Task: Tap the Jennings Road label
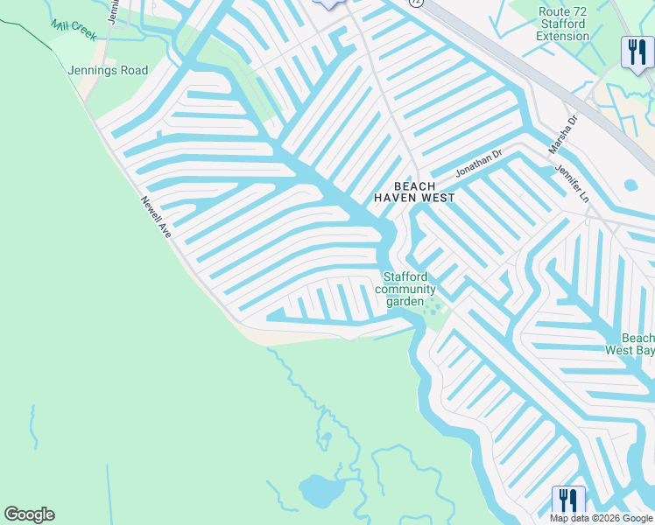click(109, 70)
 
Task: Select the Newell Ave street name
click(156, 217)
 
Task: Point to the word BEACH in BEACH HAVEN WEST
click(414, 186)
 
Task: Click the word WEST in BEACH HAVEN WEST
click(438, 198)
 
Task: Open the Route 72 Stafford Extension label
click(562, 24)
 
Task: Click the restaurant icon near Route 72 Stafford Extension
click(635, 52)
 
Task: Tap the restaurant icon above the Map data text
click(568, 501)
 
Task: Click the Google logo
click(29, 514)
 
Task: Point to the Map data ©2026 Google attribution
click(601, 518)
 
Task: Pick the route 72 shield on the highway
click(415, 3)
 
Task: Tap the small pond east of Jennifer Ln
click(630, 185)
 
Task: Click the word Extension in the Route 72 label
click(562, 36)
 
